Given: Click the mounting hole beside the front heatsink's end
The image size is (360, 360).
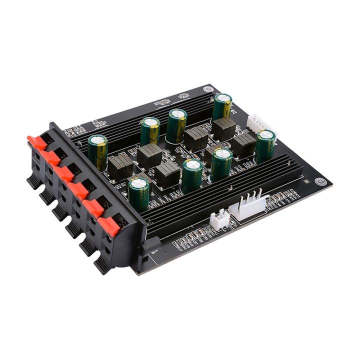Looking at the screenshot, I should [x=320, y=182].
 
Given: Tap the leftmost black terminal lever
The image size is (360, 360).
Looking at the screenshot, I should [x=33, y=181].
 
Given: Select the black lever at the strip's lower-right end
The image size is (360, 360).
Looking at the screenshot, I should [x=102, y=265].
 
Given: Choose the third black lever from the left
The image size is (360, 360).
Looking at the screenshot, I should [x=60, y=212].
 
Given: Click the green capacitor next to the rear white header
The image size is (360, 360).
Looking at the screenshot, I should [x=265, y=145].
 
